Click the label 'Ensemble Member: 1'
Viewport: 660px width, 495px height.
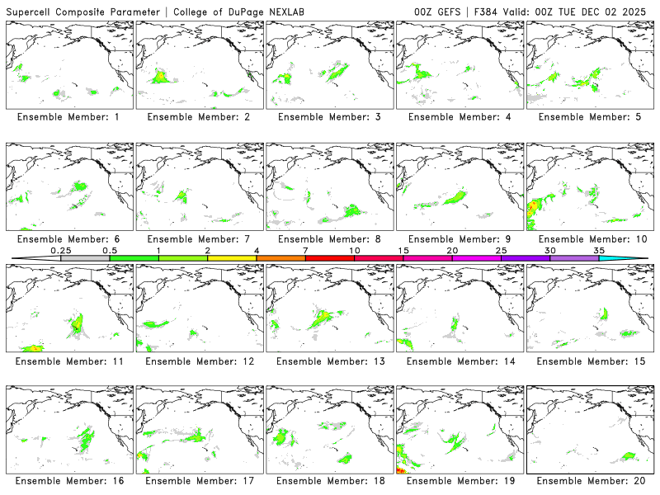click(68, 117)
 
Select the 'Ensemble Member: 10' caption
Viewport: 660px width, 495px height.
click(591, 239)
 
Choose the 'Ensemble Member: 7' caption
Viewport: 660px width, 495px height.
click(199, 239)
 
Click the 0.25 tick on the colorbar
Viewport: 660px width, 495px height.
click(60, 250)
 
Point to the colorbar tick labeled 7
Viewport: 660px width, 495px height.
click(305, 250)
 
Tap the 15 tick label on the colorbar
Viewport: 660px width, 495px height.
click(403, 250)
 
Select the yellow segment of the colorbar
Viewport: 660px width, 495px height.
click(232, 258)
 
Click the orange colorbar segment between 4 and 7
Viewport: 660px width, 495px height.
click(280, 258)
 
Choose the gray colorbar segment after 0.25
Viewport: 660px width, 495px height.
click(85, 258)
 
